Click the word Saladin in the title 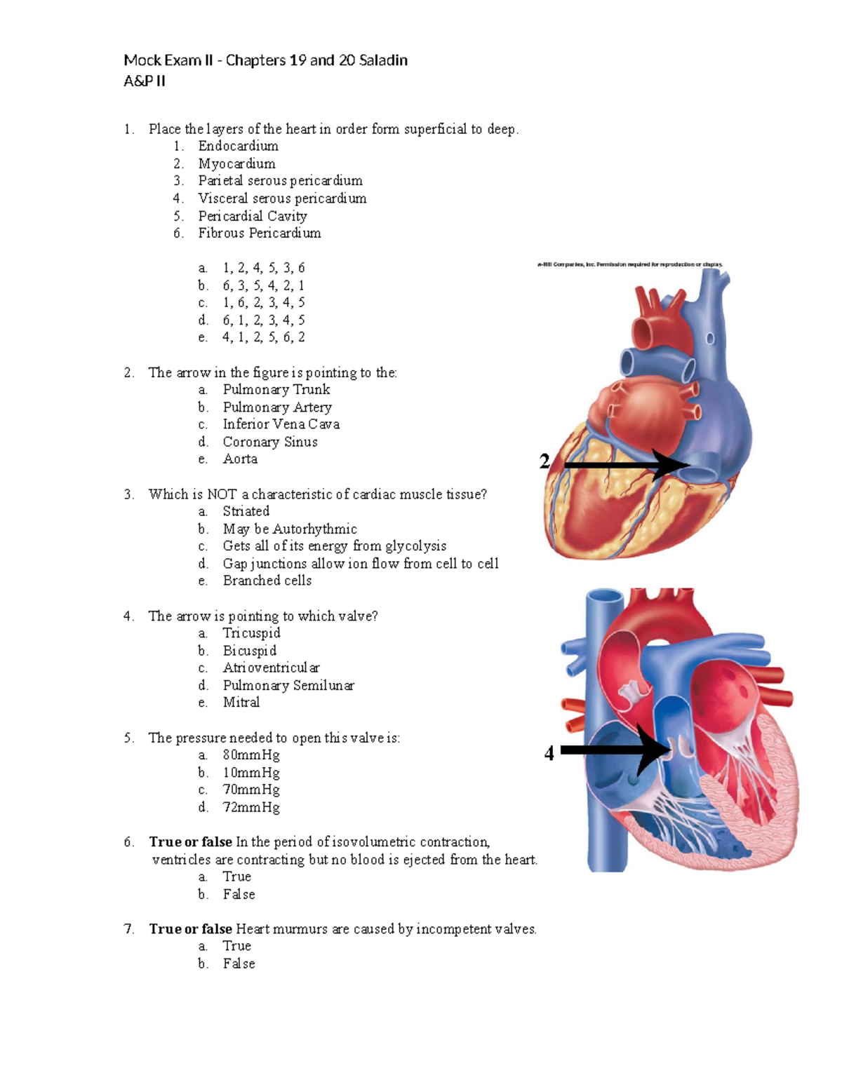point(383,60)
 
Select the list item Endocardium point(238,146)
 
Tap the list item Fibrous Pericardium point(260,233)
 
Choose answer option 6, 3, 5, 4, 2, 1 point(264,285)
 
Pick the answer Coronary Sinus point(270,442)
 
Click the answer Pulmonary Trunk point(276,389)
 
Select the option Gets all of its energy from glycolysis point(335,546)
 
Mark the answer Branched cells point(267,581)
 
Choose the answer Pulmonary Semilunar point(288,685)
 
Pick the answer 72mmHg point(251,807)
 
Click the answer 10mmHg point(251,772)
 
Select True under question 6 point(236,877)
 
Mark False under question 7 point(239,963)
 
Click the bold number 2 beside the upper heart point(544,461)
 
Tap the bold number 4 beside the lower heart point(549,753)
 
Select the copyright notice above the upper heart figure point(630,264)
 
